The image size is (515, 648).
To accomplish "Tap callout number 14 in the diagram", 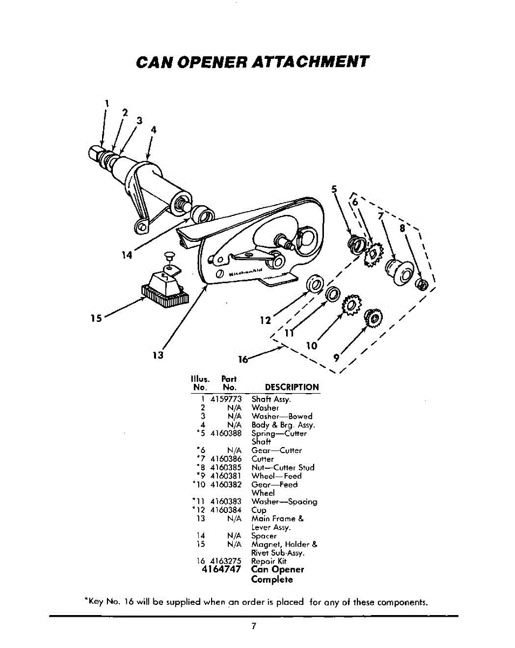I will click(126, 255).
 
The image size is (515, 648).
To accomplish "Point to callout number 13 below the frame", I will click(158, 355).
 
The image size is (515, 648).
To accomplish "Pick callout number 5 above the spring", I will click(334, 189).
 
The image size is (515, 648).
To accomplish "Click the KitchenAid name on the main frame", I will click(246, 272).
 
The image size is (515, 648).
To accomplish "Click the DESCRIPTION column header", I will click(292, 387).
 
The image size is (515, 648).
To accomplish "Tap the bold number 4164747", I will click(221, 570).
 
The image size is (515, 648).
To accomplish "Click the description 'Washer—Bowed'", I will click(282, 416).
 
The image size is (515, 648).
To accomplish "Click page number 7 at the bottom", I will click(253, 626).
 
